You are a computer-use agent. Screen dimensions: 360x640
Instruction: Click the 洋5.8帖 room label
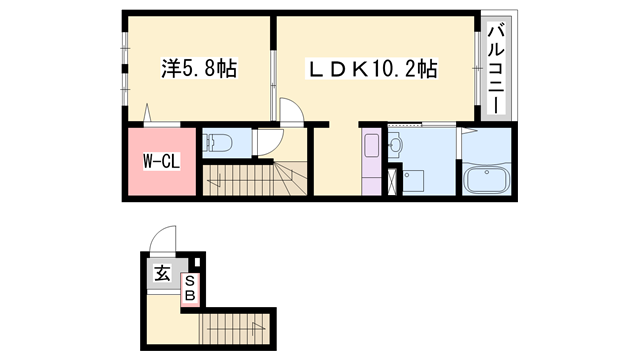(x=200, y=70)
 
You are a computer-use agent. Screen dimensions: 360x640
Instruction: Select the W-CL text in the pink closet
(x=160, y=160)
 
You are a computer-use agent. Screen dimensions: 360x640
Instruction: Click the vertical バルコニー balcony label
(x=495, y=70)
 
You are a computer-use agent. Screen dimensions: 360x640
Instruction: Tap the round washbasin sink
(x=394, y=144)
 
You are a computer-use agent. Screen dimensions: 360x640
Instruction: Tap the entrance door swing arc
(x=160, y=240)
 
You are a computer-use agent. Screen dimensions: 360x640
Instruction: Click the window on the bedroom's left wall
(x=124, y=70)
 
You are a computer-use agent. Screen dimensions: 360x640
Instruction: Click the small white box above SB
(x=195, y=264)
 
